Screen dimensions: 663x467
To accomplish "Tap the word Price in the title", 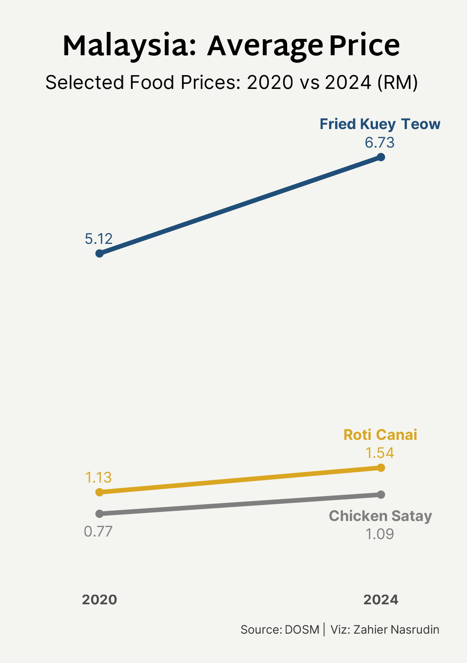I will coord(364,46).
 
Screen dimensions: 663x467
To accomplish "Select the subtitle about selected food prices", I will coord(231,82).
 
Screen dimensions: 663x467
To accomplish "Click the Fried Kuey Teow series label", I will coord(380,124).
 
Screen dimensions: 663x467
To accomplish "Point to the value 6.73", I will coord(380,142).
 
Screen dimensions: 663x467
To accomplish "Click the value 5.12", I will coord(99,239).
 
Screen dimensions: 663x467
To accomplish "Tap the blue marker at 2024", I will coord(381,157).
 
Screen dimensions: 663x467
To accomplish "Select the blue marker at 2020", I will coord(99,253).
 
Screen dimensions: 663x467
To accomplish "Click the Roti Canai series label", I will coord(380,435).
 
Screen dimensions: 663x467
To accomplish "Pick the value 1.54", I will coord(380,453).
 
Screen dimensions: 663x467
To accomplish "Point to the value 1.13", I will coord(99,477).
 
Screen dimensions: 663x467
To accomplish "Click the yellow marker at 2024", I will coord(381,467).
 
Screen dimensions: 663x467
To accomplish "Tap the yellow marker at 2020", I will coord(99,492).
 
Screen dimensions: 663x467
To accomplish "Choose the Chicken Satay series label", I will coord(380,516).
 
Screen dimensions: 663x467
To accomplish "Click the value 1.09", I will coord(380,534).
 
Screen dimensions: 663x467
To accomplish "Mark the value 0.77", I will coord(98,531).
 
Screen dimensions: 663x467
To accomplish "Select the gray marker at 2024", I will coord(381,495).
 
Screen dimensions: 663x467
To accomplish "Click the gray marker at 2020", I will coord(99,514).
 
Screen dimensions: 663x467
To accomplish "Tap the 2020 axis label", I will coord(99,600).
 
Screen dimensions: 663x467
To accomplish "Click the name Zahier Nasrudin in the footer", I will coord(396,630).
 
